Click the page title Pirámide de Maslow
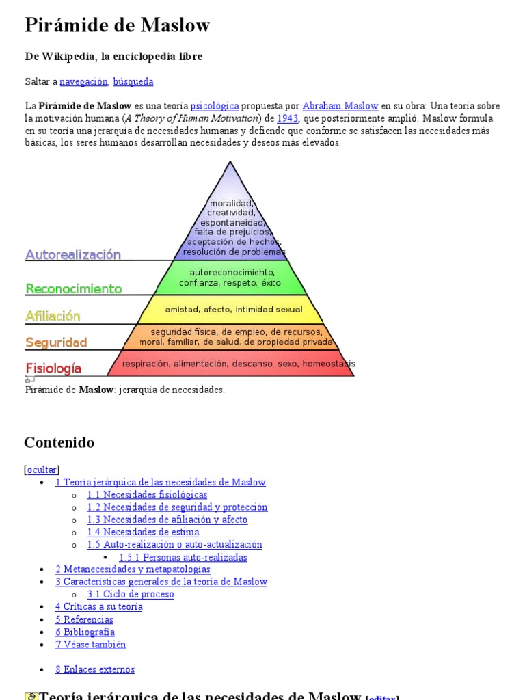coord(117,26)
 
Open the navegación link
coord(83,82)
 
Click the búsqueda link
coord(133,82)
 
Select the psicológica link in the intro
coord(215,106)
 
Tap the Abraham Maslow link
coord(340,106)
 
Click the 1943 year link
coord(287,118)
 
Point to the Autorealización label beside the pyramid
coord(73,254)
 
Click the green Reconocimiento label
coord(74,288)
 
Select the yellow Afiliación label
coord(53,316)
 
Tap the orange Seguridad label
coord(56,342)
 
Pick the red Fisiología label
coord(53,368)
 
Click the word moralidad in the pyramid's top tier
coord(231,203)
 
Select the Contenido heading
coord(59,442)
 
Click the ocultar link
coord(42,470)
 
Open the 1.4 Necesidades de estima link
coord(143,532)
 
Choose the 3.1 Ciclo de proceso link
coord(131,594)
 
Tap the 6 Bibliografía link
coord(85,632)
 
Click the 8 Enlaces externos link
coord(95,670)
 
